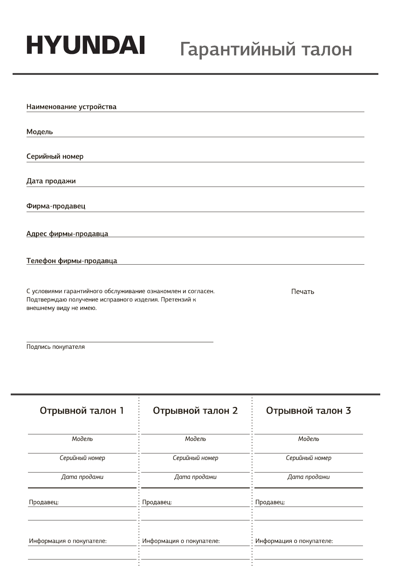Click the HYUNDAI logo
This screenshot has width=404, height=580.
85,46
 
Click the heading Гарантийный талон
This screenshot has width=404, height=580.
266,49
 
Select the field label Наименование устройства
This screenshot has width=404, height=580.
71,107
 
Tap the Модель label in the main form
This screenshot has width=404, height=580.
40,132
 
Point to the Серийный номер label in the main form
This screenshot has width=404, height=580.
55,157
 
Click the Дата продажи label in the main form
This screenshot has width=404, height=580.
51,181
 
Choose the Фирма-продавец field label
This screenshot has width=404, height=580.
56,206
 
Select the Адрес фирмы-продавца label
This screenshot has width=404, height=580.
67,233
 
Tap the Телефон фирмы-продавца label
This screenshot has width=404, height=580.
72,261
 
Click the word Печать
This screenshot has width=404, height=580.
302,292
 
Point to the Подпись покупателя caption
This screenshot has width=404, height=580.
55,347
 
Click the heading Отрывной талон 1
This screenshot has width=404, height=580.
82,411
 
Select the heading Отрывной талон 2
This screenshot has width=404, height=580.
195,411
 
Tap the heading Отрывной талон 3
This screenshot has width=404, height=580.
308,411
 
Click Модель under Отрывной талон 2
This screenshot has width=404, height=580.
195,439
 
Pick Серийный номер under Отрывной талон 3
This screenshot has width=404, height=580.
308,458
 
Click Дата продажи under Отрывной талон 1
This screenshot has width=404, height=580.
82,477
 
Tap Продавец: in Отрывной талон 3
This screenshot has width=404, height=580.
270,502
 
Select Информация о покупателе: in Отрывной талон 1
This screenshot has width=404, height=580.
68,541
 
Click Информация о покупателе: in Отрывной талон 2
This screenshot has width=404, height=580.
181,541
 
